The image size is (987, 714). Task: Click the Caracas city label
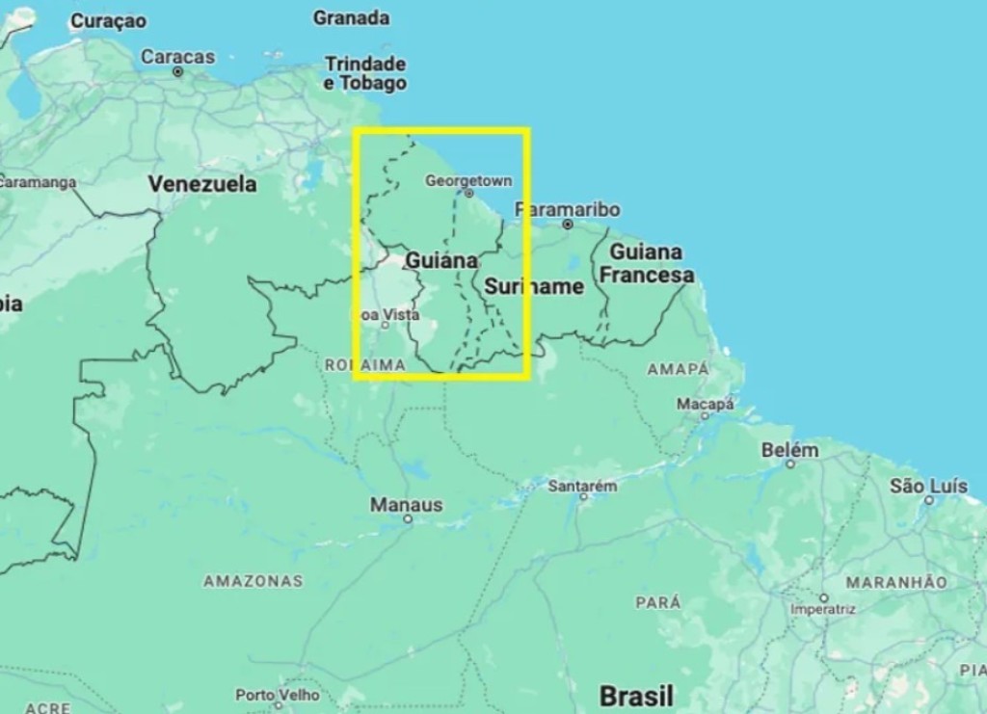point(178,57)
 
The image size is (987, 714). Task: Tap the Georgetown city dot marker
point(469,193)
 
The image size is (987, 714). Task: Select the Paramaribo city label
point(568,209)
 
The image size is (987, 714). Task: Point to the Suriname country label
point(534,286)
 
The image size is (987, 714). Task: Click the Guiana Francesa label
point(646,263)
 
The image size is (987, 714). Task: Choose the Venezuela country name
point(202,183)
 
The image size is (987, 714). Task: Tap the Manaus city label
point(407,505)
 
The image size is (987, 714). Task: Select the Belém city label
point(789,450)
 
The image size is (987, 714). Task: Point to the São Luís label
point(928,486)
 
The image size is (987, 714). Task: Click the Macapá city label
point(706,404)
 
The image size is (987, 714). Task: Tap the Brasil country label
point(636,696)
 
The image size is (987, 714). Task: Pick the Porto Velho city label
point(278,695)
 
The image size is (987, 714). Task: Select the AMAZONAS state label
point(253,581)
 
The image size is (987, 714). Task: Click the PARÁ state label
point(657,602)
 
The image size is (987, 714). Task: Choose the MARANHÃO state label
point(896,582)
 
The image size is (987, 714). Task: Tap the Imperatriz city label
point(823,609)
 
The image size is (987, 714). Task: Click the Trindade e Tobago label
point(365,73)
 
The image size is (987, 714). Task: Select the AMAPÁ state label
point(678,369)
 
